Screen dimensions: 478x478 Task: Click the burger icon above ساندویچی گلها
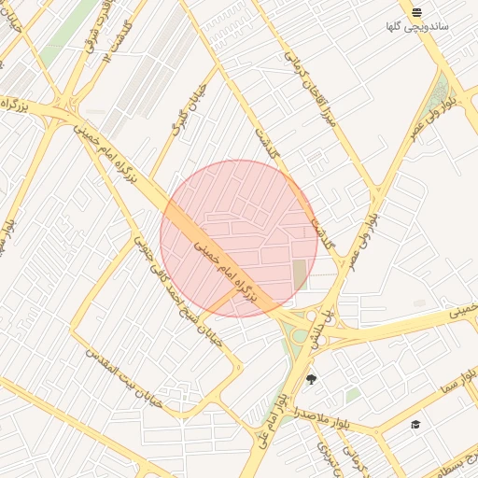(x=416, y=12)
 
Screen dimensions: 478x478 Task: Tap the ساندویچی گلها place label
(x=417, y=26)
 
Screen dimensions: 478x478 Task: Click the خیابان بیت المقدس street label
(x=124, y=378)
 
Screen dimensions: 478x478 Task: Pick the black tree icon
(x=311, y=379)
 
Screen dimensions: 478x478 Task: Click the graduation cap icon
(x=415, y=425)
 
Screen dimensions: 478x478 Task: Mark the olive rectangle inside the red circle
(x=299, y=274)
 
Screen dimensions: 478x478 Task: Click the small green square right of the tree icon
(x=352, y=395)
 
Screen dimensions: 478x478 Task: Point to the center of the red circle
(x=239, y=238)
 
